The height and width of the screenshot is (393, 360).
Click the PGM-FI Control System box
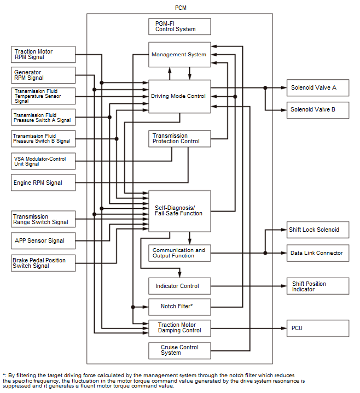point(179,26)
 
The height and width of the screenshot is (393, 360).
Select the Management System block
point(179,55)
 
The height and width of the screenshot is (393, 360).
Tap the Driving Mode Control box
point(179,97)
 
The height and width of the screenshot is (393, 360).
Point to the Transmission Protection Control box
point(179,139)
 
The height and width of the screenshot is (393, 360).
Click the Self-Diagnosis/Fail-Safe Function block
point(179,211)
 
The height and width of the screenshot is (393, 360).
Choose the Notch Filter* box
point(179,307)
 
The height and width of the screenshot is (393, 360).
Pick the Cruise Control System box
point(179,351)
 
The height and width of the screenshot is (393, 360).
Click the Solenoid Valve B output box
point(318,110)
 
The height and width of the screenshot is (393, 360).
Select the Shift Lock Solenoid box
point(318,230)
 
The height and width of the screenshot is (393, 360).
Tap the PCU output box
point(318,328)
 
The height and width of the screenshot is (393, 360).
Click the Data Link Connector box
point(318,253)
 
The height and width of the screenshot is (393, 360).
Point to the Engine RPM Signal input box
point(43,183)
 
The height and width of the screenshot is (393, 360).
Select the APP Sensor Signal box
point(43,241)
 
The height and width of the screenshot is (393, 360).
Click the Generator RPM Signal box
point(43,75)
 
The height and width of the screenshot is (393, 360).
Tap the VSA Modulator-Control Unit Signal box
point(43,161)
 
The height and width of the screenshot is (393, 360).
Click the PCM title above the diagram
point(181,8)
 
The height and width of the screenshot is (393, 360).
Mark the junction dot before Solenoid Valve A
point(265,87)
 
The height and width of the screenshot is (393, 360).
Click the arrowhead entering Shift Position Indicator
point(284,286)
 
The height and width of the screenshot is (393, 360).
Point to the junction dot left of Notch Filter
point(133,307)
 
